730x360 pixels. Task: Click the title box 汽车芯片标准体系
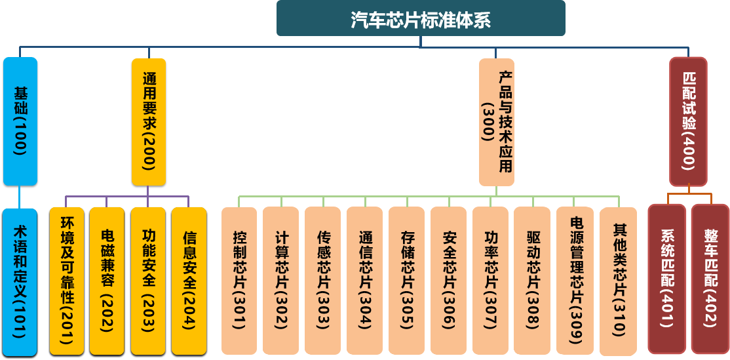tap(420, 18)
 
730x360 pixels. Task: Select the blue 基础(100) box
tap(20, 121)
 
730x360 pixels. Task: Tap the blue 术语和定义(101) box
tap(20, 282)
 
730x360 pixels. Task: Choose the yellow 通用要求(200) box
tap(149, 121)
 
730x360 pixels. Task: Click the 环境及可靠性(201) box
tap(67, 281)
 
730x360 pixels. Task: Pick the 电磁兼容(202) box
tap(107, 281)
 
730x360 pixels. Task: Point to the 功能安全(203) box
tap(148, 281)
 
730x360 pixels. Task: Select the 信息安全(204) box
tap(189, 281)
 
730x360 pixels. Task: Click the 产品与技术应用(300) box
tap(496, 122)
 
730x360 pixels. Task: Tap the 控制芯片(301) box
tap(239, 281)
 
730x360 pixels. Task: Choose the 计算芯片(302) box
tap(281, 281)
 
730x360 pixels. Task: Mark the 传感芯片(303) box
tap(322, 281)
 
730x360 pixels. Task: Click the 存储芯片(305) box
tap(406, 281)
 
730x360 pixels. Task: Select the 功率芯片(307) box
tap(490, 281)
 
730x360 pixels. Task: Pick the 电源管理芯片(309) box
tap(575, 281)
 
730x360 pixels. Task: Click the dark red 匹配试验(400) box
tap(688, 122)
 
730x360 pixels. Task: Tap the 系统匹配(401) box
tap(667, 279)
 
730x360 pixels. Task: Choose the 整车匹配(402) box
tap(710, 279)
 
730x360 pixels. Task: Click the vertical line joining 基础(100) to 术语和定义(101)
tap(20, 197)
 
